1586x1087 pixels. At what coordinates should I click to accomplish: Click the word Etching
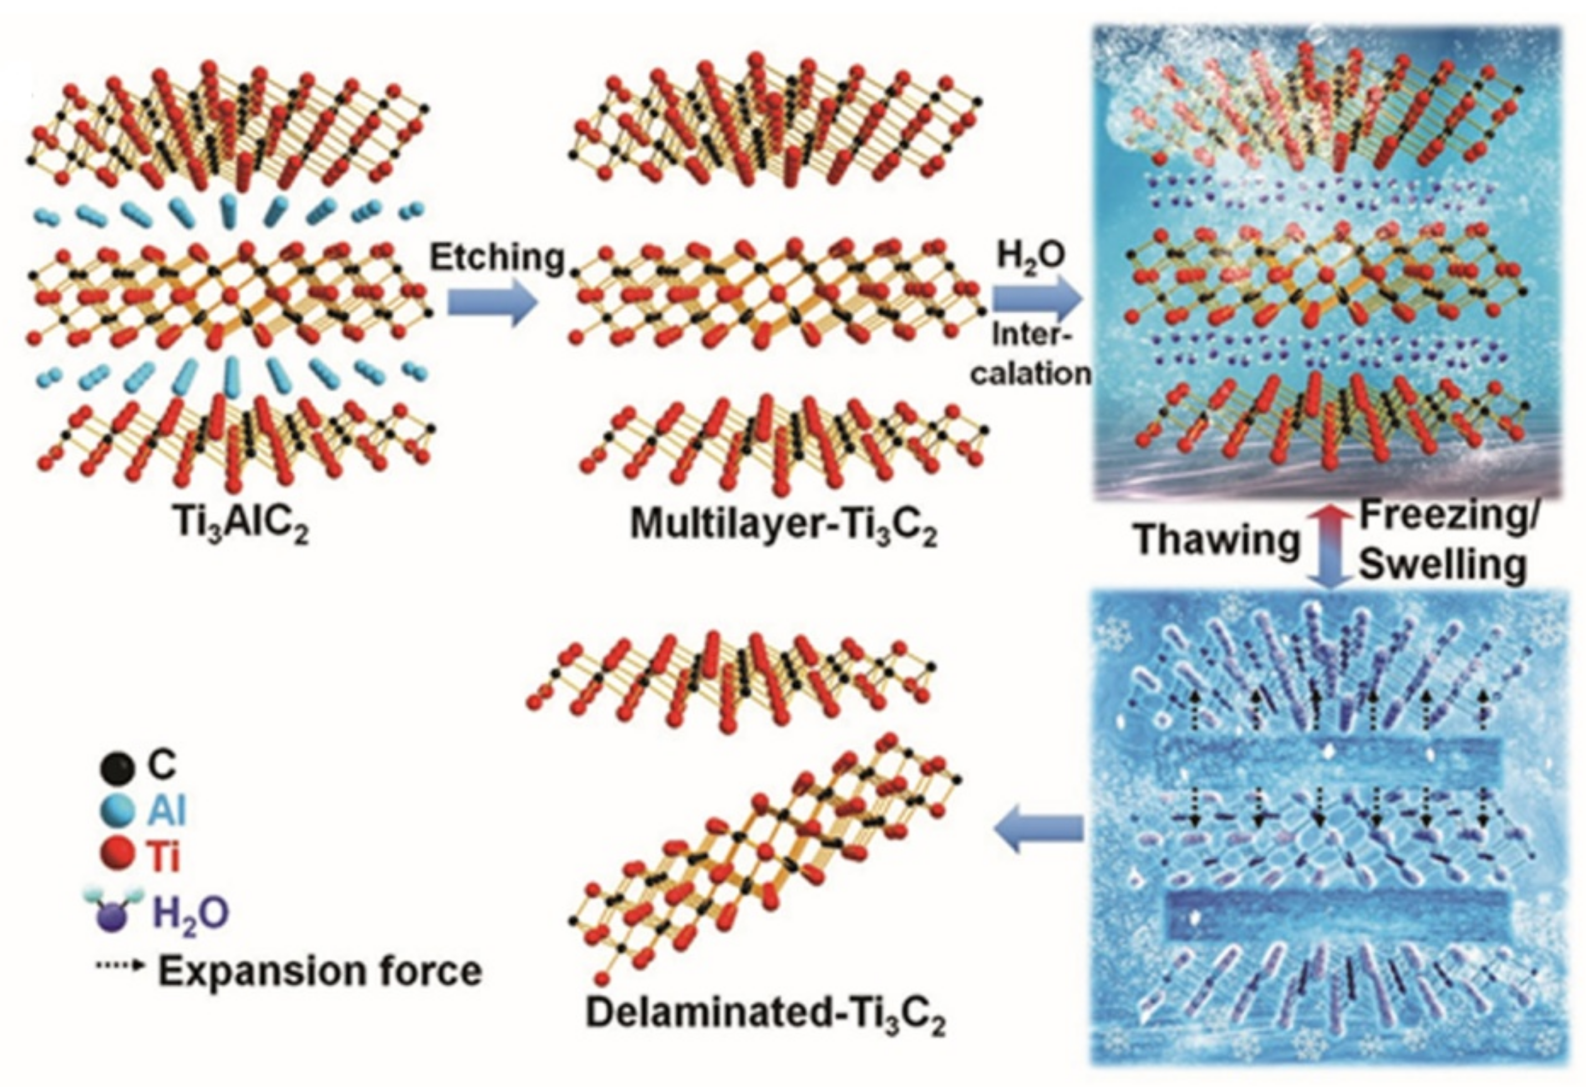click(x=497, y=258)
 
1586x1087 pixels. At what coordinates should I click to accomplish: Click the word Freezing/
click(x=1445, y=516)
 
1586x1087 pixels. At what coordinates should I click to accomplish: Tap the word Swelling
click(x=1442, y=565)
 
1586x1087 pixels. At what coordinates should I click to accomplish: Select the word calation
click(x=1030, y=374)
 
